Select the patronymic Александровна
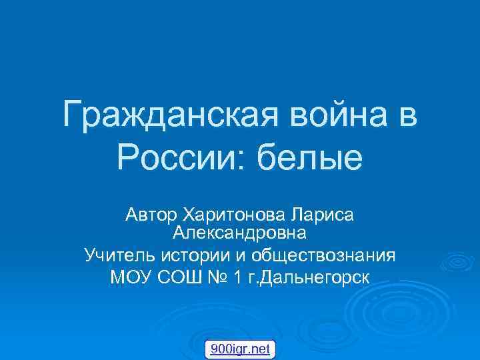[240, 234]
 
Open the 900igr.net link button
[239, 348]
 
